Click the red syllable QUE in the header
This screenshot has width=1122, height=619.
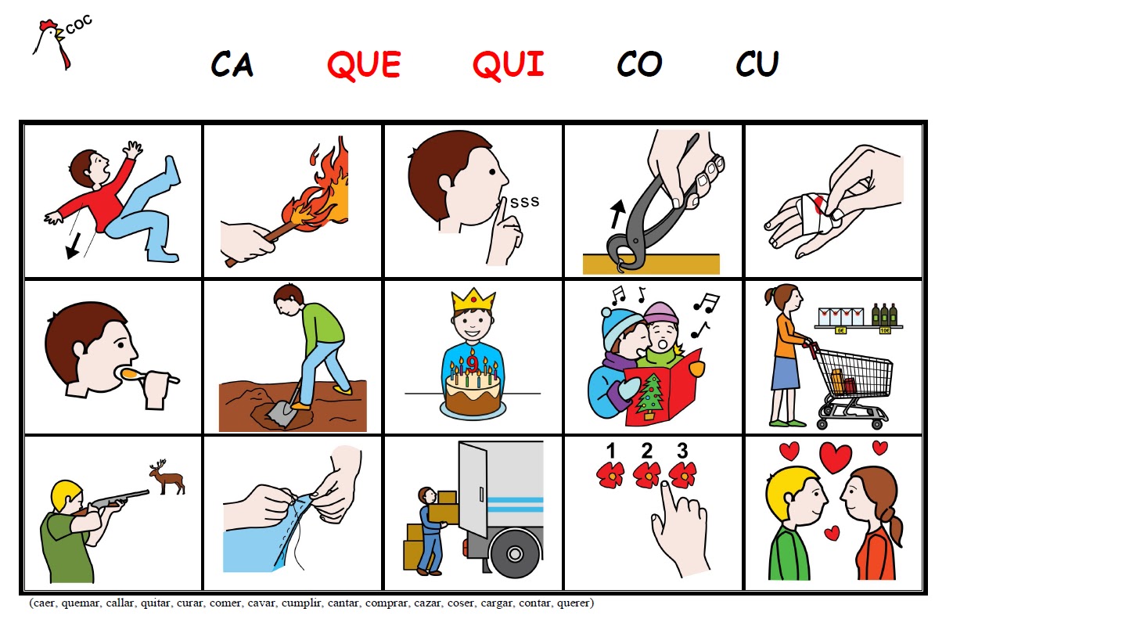[x=364, y=65]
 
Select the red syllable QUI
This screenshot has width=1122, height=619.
[x=509, y=65]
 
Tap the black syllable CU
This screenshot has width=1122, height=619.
[x=757, y=63]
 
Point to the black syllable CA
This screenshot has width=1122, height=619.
[x=232, y=64]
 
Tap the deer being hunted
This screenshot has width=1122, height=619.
[x=167, y=477]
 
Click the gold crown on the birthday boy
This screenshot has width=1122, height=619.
[x=473, y=300]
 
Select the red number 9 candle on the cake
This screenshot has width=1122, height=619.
[x=471, y=362]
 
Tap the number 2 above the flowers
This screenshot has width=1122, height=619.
[x=646, y=451]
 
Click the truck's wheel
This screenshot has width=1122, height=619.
[x=514, y=554]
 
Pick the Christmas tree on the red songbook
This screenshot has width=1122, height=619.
[x=649, y=397]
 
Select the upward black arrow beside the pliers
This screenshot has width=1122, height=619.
[x=617, y=214]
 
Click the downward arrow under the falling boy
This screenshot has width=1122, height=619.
[x=74, y=247]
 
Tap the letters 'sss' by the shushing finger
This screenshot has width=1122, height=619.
[x=524, y=202]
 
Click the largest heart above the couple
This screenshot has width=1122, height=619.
[x=835, y=457]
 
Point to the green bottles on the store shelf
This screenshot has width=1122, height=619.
[x=884, y=315]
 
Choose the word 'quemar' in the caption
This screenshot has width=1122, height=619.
[x=81, y=603]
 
